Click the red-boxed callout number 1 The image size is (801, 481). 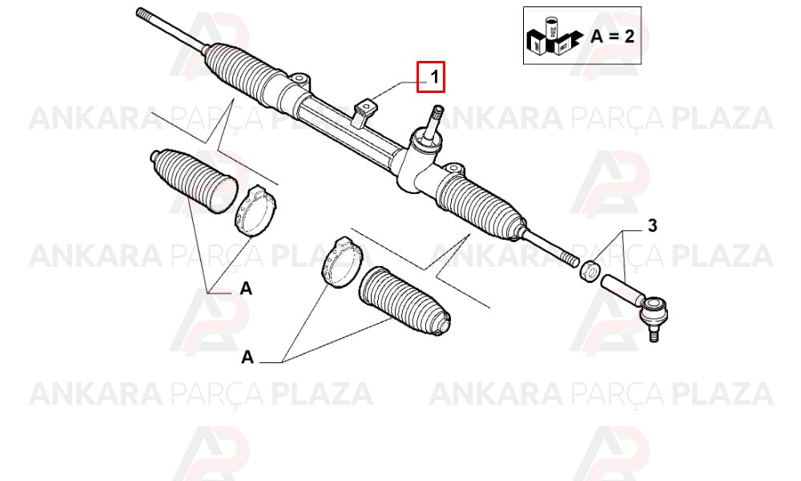tap(434, 77)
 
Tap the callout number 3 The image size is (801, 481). tap(652, 225)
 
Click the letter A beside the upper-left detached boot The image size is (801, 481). tap(246, 289)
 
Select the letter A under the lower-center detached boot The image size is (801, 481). tap(248, 357)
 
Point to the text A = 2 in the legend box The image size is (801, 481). tap(613, 36)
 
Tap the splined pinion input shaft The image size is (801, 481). tap(437, 120)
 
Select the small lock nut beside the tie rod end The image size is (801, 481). tap(590, 270)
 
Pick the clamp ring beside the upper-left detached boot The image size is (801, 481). tap(256, 212)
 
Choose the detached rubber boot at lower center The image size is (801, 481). tap(405, 301)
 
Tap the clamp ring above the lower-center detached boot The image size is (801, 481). tap(341, 262)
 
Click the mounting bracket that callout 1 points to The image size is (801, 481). tap(364, 113)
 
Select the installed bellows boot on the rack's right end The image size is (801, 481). tap(480, 204)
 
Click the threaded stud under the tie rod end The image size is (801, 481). tap(652, 333)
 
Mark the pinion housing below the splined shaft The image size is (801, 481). tap(417, 161)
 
